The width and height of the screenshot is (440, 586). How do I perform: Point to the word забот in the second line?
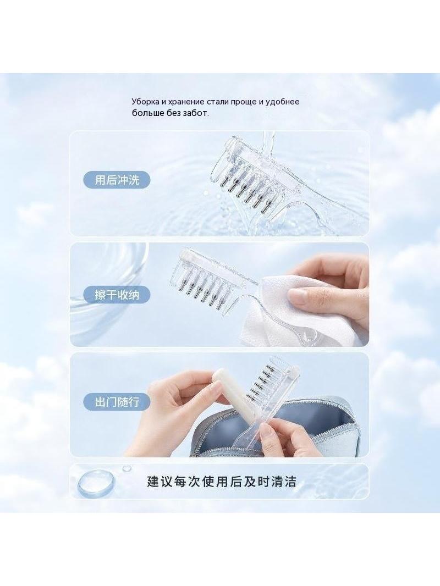point(195,113)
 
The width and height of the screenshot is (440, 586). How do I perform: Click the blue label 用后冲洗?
point(117,180)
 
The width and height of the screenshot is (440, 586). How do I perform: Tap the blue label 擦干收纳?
point(117,295)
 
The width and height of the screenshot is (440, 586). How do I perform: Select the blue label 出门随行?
point(117,402)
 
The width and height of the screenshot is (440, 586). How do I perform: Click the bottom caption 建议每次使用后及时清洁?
point(222,482)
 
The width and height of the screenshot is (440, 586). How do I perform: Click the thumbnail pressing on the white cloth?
point(299,297)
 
